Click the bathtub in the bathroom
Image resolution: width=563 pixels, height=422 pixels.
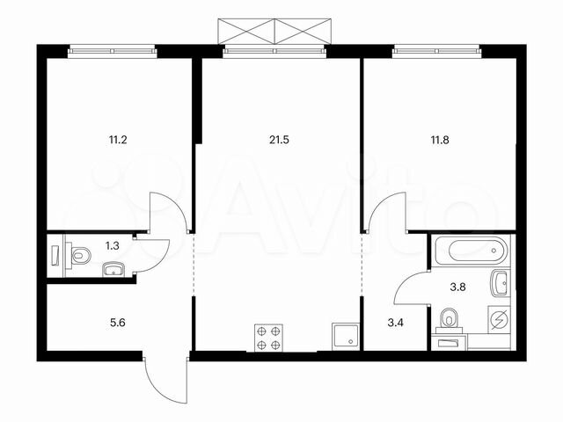(471, 251)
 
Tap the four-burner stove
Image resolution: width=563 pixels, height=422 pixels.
(268, 338)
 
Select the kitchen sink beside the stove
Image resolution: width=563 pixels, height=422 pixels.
(343, 338)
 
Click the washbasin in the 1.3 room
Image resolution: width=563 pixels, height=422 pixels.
(113, 268)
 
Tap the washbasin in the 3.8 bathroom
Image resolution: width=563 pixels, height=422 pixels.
(501, 284)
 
